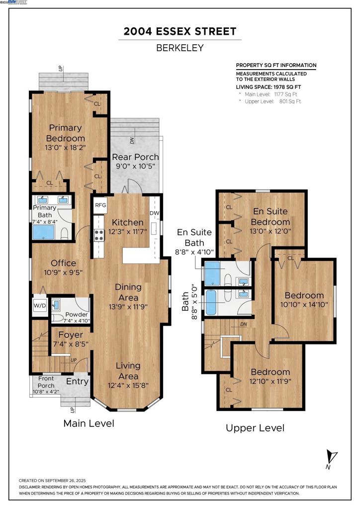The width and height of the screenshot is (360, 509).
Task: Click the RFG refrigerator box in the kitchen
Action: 100,205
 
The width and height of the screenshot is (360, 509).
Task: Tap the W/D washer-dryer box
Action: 40,306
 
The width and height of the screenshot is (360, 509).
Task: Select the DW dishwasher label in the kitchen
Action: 155,213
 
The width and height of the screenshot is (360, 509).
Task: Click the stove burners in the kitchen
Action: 99,235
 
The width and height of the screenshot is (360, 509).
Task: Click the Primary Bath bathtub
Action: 43,232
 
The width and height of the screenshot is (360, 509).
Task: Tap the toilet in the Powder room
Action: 58,317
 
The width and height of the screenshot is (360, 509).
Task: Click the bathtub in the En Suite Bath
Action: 213,273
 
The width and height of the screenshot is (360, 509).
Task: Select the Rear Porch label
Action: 135,157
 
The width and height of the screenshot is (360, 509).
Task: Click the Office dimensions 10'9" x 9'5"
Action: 63,273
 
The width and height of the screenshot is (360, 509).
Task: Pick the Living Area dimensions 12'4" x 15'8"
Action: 128,386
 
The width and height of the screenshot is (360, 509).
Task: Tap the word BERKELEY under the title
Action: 180,48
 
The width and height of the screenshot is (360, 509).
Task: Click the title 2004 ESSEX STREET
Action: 180,31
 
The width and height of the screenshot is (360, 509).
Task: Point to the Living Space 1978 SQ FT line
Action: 269,87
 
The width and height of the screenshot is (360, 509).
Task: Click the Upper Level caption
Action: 255,428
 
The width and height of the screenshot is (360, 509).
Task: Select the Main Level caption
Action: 89,424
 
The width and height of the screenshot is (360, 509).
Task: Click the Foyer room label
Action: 71,335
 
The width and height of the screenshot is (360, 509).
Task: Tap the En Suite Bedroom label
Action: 270,217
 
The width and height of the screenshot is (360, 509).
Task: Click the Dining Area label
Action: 128,292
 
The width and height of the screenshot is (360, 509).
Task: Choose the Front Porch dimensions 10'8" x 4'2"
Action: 46,392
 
